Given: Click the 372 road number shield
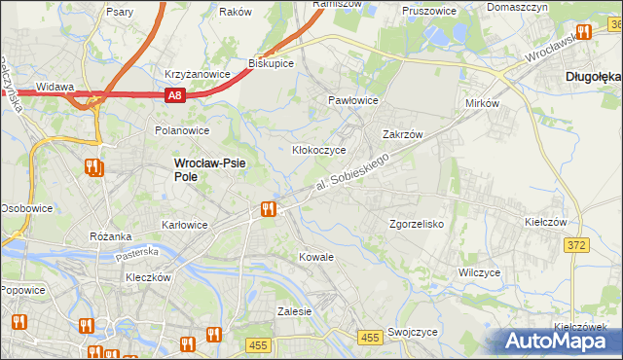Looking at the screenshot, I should (575, 245).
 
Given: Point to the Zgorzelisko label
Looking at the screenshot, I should (417, 224).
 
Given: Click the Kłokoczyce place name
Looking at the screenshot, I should (319, 151).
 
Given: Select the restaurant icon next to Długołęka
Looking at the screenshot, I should (583, 31).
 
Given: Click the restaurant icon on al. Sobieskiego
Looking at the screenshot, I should (268, 208).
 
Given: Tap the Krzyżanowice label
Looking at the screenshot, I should (197, 74).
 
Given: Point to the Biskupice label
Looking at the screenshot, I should (271, 63).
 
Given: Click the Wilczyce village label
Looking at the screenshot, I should (479, 273).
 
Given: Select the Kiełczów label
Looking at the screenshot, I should (545, 223).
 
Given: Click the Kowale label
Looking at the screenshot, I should (316, 258).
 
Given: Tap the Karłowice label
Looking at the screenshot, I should (184, 225).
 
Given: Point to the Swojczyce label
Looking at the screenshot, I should (412, 332).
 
